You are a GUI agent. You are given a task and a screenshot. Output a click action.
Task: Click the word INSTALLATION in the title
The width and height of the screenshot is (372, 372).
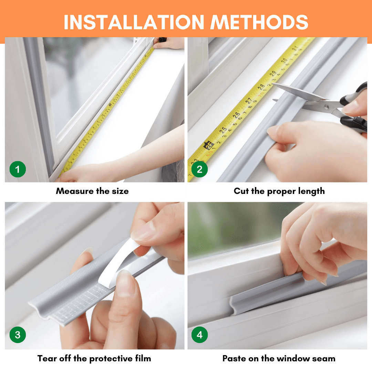pyautogui.click(x=134, y=22)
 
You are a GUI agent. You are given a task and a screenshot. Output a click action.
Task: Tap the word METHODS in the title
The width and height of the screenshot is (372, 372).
pyautogui.click(x=259, y=22)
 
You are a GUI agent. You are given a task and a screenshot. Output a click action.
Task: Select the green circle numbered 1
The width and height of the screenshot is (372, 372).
pyautogui.click(x=18, y=169)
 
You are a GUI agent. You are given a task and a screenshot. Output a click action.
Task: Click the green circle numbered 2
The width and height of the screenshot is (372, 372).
pyautogui.click(x=199, y=169)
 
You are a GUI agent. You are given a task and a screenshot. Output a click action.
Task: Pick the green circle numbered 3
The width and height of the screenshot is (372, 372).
pyautogui.click(x=18, y=335)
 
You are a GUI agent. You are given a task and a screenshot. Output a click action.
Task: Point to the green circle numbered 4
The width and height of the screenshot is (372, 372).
pyautogui.click(x=199, y=335)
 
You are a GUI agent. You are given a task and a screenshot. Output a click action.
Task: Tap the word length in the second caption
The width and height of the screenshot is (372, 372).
pyautogui.click(x=311, y=191)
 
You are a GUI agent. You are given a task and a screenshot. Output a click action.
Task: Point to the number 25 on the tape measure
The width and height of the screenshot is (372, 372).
pyautogui.click(x=223, y=130)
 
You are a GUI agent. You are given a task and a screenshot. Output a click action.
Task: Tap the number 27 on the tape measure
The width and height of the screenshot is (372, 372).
pyautogui.click(x=248, y=101)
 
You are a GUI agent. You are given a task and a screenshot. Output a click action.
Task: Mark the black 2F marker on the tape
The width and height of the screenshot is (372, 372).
pyautogui.click(x=209, y=145)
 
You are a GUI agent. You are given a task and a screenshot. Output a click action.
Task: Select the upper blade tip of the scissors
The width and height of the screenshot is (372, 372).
pyautogui.click(x=272, y=84)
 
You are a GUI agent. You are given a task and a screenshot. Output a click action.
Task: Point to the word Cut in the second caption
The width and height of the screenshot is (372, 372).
pyautogui.click(x=241, y=191)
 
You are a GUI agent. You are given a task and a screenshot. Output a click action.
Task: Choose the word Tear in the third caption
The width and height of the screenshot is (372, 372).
pyautogui.click(x=47, y=358)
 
